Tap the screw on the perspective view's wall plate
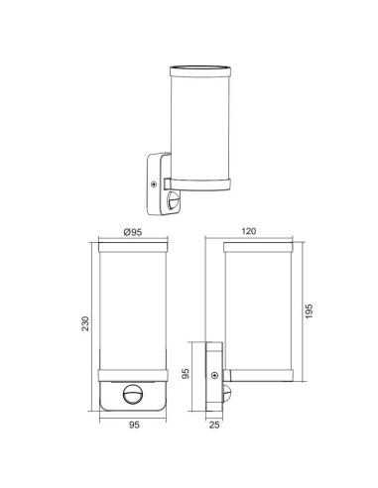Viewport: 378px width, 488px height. [152, 182]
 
